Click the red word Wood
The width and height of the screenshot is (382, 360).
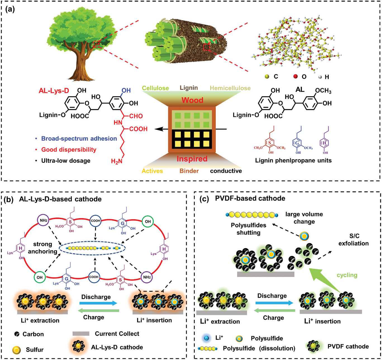pyautogui.click(x=192, y=100)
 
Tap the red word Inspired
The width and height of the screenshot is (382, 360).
pyautogui.click(x=192, y=159)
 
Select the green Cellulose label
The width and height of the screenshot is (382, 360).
pyautogui.click(x=155, y=88)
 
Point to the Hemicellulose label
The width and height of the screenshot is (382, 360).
pyautogui.click(x=230, y=88)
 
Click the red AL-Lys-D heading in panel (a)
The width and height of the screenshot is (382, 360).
pyautogui.click(x=54, y=91)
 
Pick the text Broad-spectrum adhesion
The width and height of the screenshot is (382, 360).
pyautogui.click(x=79, y=139)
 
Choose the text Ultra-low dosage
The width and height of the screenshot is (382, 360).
pyautogui.click(x=66, y=161)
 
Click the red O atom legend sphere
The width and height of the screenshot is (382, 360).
pyautogui.click(x=295, y=76)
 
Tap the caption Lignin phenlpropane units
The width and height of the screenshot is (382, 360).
pyautogui.click(x=293, y=160)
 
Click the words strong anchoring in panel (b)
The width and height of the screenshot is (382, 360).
pyautogui.click(x=42, y=248)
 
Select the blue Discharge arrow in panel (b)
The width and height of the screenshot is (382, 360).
pyautogui.click(x=99, y=303)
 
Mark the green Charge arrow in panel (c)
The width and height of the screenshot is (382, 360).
pyautogui.click(x=274, y=311)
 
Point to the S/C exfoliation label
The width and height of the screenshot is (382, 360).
pyautogui.click(x=353, y=240)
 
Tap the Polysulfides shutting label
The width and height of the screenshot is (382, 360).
pyautogui.click(x=248, y=229)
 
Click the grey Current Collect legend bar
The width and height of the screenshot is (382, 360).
pyautogui.click(x=81, y=333)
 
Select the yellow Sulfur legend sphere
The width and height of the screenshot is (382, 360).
pyautogui.click(x=16, y=350)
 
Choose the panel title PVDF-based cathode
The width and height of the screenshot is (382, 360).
pyautogui.click(x=250, y=198)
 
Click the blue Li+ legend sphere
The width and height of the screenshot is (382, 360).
pyautogui.click(x=207, y=338)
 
